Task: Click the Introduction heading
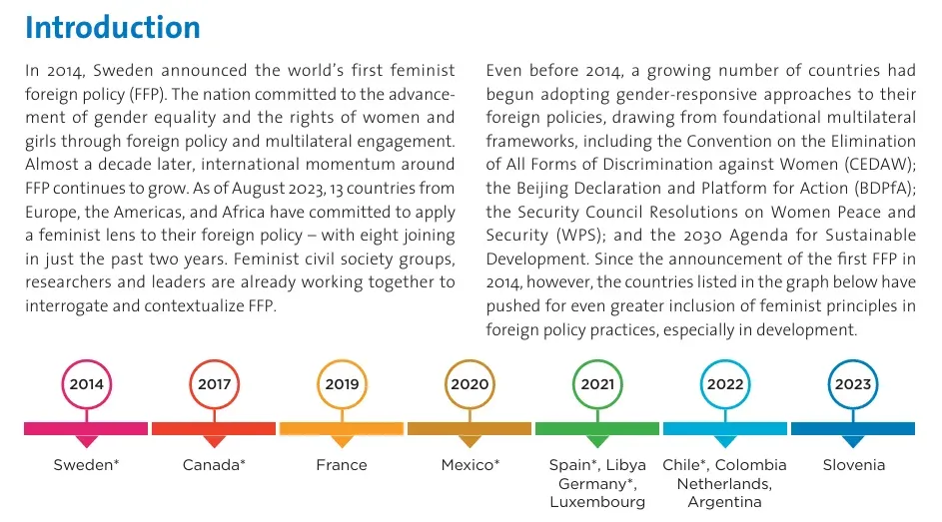coord(113,27)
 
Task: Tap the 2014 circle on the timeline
coord(87,384)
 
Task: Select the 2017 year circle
coord(214,384)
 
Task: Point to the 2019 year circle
coord(342,384)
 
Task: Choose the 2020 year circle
coord(470,384)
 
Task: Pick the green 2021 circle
coord(597,384)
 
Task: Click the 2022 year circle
coord(725,384)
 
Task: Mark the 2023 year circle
coord(853,384)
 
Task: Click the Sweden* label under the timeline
coord(87,465)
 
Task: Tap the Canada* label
coord(214,465)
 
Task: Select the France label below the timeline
coord(342,465)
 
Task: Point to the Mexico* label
coord(470,465)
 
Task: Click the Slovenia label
coord(853,465)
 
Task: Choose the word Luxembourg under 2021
coord(597,502)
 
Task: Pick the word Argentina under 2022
coord(725,502)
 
